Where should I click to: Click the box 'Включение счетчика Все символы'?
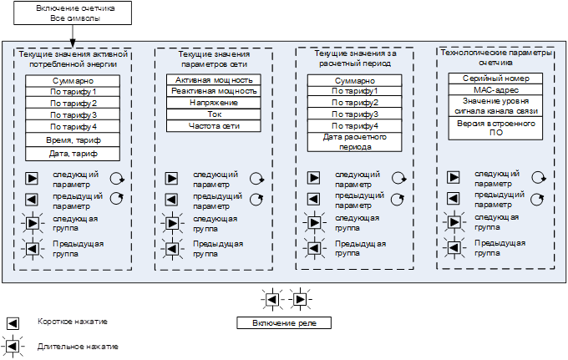point(73,13)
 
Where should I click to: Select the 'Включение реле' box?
point(284,323)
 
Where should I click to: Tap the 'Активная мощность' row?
point(214,80)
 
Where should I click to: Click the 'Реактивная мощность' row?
point(214,91)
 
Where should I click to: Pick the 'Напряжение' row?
point(214,103)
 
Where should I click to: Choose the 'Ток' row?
point(214,114)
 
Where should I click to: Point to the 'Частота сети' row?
point(214,126)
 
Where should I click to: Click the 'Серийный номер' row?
point(495,79)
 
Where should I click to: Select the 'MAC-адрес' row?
point(495,90)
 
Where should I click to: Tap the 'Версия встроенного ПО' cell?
point(495,128)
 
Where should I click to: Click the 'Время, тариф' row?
point(73,140)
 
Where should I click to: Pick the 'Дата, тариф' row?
point(73,154)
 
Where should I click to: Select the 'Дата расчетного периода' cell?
point(355,142)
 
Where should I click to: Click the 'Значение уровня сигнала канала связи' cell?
point(495,106)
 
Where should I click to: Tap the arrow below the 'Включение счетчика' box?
point(73,36)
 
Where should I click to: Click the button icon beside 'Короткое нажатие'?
point(13,323)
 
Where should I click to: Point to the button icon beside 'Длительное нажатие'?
point(13,347)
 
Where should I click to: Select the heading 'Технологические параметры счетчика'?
point(495,58)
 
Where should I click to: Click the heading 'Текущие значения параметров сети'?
point(214,59)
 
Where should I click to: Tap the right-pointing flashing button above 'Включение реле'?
point(301,300)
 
